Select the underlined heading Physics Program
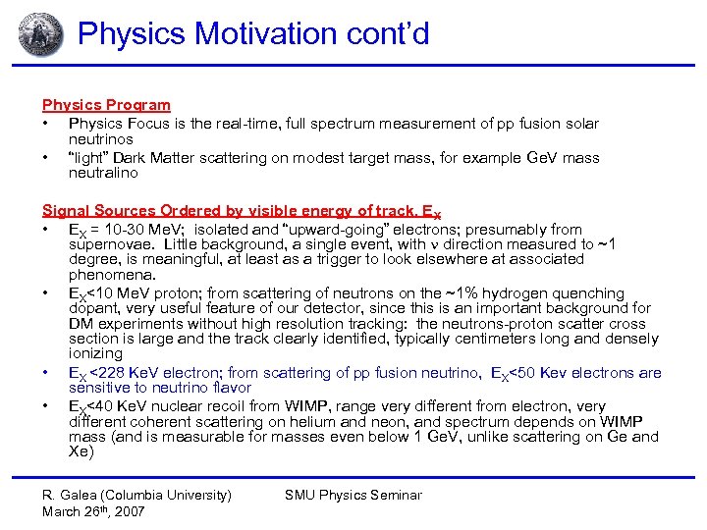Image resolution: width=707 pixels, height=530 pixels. pos(106,105)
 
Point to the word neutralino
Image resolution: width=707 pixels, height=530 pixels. pos(103,173)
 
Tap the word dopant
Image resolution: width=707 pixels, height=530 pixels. pos(92,308)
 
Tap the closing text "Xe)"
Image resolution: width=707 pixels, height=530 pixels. pos(82,452)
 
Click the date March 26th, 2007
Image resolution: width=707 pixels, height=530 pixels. pos(93,511)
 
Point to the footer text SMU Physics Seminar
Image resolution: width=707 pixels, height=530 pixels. pos(353,496)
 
